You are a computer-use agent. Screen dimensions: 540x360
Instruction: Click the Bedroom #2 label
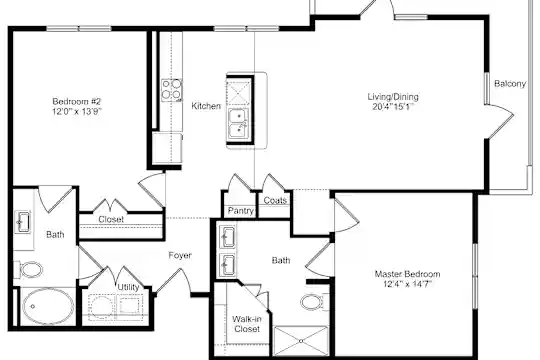pyautogui.click(x=76, y=102)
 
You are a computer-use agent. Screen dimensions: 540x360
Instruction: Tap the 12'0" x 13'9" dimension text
pyautogui.click(x=77, y=112)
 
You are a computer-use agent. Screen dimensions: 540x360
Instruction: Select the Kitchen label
pyautogui.click(x=206, y=106)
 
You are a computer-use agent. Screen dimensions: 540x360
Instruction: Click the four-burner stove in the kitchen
pyautogui.click(x=172, y=90)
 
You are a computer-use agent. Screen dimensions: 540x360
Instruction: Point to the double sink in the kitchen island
pyautogui.click(x=238, y=124)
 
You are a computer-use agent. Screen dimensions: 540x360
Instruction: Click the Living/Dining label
pyautogui.click(x=393, y=97)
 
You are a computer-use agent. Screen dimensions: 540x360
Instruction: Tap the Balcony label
pyautogui.click(x=510, y=84)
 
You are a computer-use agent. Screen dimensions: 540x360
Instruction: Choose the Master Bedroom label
pyautogui.click(x=407, y=274)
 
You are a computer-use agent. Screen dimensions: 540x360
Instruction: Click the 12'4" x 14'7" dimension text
pyautogui.click(x=407, y=284)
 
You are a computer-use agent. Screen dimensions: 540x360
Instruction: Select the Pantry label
pyautogui.click(x=241, y=210)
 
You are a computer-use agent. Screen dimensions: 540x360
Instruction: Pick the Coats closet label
pyautogui.click(x=275, y=200)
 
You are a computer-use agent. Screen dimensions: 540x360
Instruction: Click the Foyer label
pyautogui.click(x=180, y=255)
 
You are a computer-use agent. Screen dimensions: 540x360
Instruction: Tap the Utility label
pyautogui.click(x=128, y=287)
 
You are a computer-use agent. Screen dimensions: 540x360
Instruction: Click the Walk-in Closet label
pyautogui.click(x=247, y=324)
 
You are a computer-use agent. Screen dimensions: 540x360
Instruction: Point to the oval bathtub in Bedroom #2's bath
pyautogui.click(x=48, y=306)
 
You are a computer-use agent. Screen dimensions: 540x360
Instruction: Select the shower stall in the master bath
pyautogui.click(x=301, y=341)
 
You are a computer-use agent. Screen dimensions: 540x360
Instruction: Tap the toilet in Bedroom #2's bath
pyautogui.click(x=29, y=269)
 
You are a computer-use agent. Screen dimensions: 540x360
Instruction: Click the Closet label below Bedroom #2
pyautogui.click(x=111, y=219)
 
